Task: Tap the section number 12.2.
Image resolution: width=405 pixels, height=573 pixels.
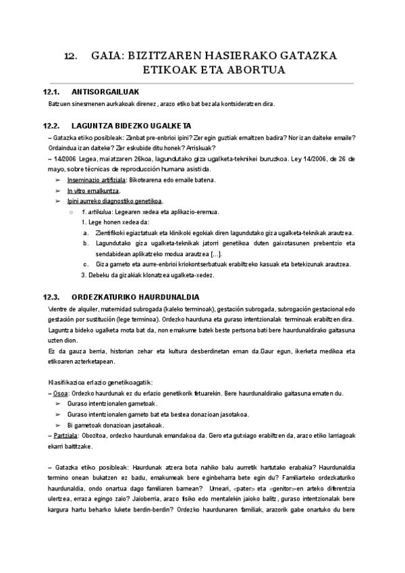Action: click(52, 126)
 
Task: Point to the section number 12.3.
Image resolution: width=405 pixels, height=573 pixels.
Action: click(52, 297)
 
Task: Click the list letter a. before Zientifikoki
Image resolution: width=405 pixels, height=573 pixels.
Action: click(85, 233)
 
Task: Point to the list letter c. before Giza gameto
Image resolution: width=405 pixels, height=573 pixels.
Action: click(85, 264)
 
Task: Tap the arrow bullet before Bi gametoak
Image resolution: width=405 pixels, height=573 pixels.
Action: click(57, 425)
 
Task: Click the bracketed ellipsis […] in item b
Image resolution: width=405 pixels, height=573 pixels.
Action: click(212, 253)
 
